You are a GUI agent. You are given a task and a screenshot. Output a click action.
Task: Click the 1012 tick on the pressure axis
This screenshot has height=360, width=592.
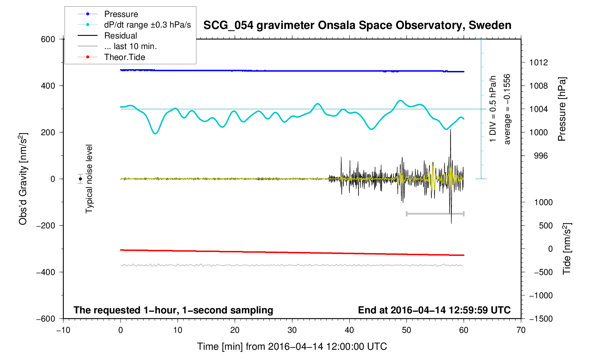539,62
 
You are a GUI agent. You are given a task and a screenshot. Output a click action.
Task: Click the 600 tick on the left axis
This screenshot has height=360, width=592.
48,40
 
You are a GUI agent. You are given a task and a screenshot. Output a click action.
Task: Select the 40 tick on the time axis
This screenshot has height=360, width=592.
349,330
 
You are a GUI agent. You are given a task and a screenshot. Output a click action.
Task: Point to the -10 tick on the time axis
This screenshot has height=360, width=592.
64,330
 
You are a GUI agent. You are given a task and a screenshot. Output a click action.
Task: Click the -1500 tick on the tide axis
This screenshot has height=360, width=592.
541,319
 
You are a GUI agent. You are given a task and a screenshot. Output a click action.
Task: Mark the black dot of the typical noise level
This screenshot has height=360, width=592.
80,179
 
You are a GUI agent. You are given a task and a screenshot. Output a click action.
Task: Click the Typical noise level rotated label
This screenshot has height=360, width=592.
89,179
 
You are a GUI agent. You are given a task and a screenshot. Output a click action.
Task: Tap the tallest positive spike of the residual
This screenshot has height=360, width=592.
450,130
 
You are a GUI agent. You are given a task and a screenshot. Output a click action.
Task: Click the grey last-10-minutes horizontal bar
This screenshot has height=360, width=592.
435,214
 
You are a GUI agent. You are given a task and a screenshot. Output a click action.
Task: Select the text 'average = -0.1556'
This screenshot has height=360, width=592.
507,109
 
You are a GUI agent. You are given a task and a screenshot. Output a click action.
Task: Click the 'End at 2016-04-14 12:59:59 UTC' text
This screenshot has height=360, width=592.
434,310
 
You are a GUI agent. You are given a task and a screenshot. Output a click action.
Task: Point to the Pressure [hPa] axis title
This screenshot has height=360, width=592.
562,109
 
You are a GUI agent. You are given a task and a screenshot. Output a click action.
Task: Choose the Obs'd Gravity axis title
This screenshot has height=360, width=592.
23,179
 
